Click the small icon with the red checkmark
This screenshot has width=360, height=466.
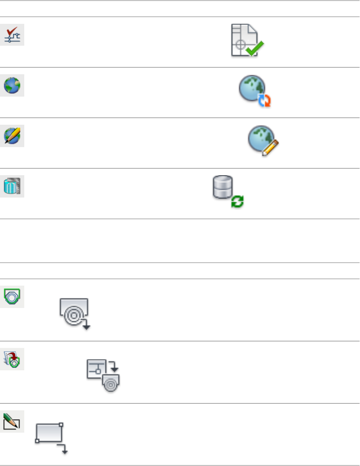click(x=12, y=35)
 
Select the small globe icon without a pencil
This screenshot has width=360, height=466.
click(x=12, y=86)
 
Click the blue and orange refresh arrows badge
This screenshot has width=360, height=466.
click(x=264, y=100)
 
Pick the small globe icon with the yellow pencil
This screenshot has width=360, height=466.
click(x=12, y=136)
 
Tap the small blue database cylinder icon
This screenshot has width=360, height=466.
click(x=12, y=186)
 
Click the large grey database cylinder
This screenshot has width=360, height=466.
click(x=222, y=187)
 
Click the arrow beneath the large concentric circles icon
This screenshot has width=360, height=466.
click(x=86, y=326)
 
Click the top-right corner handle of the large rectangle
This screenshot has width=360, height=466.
click(x=62, y=424)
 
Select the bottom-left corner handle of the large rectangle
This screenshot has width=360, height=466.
click(x=37, y=441)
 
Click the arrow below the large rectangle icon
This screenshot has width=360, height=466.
click(x=64, y=449)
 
